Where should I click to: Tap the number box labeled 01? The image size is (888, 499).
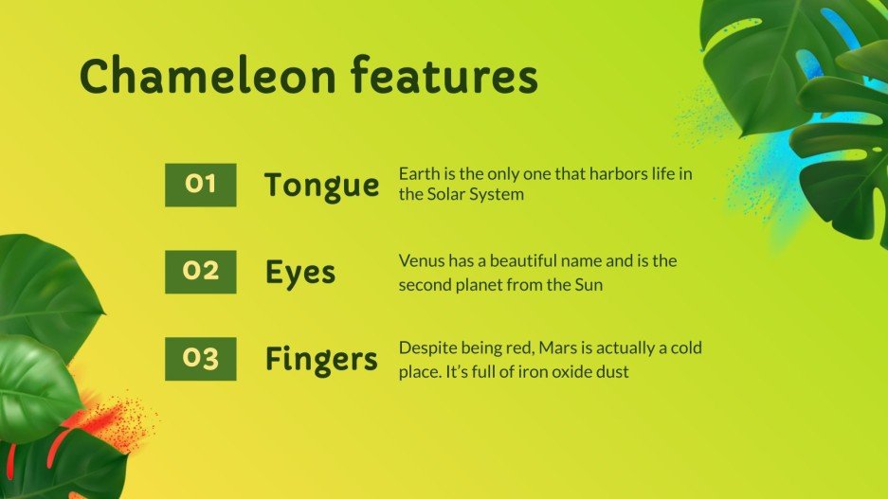pos(200,185)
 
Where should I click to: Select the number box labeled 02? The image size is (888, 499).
pos(200,272)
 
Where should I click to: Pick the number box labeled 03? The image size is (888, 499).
pos(200,359)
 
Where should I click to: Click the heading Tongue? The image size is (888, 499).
pos(321,186)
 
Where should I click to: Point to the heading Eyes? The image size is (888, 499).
pos(300,273)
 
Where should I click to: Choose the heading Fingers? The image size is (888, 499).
pos(321,360)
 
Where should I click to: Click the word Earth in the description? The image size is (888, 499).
pos(418,174)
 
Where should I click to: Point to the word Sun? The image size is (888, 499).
pos(589,284)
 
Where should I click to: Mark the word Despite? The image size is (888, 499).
pos(426,348)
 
